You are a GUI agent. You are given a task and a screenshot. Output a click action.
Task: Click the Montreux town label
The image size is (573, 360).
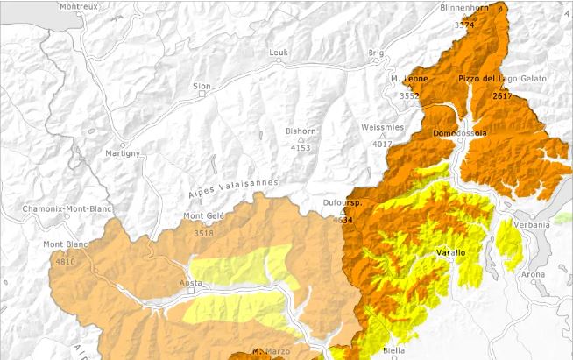pos(78,5)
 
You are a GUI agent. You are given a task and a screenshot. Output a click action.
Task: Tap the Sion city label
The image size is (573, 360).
pos(202,86)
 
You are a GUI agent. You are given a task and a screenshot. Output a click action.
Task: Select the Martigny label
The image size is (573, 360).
pos(123,153)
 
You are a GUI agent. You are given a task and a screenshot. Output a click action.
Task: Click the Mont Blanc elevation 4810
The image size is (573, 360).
pos(65,261)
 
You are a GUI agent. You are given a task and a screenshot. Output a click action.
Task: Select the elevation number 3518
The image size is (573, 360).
pos(203,233)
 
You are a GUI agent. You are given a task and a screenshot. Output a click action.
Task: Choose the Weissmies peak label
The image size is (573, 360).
pos(382,127)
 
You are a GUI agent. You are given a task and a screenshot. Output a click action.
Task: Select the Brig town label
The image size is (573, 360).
pos(376,53)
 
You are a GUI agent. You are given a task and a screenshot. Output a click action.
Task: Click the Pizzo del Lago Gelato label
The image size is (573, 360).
pos(502,79)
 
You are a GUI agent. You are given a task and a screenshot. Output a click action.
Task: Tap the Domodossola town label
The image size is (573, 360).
pos(460,132)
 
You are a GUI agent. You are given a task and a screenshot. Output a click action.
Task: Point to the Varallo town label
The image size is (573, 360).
pos(451,252)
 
